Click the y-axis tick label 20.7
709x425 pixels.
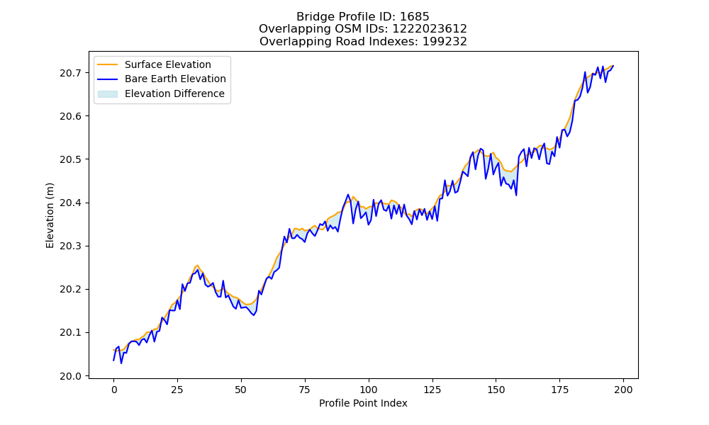click(70, 73)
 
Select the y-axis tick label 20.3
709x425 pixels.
click(70, 246)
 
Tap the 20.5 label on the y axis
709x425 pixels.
click(70, 159)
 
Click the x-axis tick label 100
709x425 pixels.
click(369, 390)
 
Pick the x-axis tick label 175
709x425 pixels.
click(560, 390)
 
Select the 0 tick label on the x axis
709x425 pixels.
click(114, 390)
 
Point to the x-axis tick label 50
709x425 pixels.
click(241, 390)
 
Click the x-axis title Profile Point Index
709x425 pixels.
click(363, 403)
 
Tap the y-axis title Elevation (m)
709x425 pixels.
click(50, 215)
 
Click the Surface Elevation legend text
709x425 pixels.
click(168, 64)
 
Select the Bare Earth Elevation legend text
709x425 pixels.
click(175, 79)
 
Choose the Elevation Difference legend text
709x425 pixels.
click(174, 93)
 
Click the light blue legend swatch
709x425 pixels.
click(108, 94)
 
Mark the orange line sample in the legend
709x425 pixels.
click(108, 64)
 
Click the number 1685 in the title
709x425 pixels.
click(414, 17)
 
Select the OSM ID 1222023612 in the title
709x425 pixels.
click(429, 29)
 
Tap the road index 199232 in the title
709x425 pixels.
click(445, 42)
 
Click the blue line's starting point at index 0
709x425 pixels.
click(113, 361)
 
